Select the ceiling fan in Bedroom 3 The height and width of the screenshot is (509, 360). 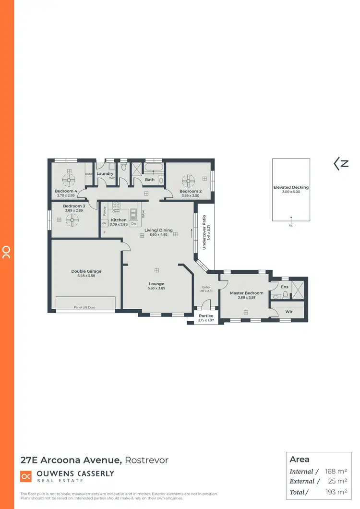click(x=73, y=220)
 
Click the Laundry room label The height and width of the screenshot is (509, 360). click(x=105, y=174)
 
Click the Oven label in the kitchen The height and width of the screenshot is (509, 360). click(x=116, y=211)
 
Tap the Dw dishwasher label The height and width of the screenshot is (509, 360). click(x=133, y=224)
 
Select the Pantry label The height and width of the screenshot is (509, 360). click(x=105, y=211)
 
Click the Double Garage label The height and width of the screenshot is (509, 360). click(x=86, y=271)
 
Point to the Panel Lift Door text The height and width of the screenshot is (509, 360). click(x=84, y=307)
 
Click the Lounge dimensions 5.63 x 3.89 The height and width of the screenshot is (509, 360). click(x=156, y=288)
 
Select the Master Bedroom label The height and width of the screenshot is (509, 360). click(x=247, y=293)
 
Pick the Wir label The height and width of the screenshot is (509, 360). click(x=288, y=312)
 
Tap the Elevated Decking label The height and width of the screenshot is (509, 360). click(x=291, y=187)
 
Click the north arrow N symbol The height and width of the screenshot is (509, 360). click(x=341, y=164)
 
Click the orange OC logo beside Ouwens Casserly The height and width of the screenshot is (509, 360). click(x=26, y=476)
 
